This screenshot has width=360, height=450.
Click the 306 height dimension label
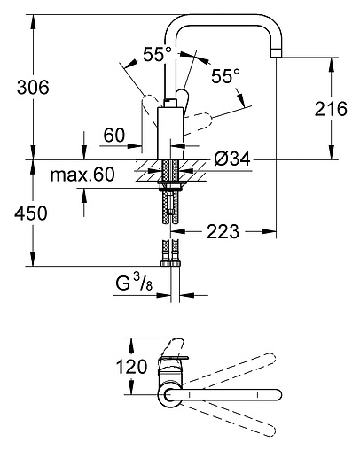click(33, 88)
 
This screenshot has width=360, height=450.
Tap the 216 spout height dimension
click(331, 109)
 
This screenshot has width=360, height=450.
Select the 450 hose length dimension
click(31, 213)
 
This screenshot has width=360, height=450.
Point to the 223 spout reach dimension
click(223, 231)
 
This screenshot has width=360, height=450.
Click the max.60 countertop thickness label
click(82, 175)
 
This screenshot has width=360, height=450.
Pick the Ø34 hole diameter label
click(232, 159)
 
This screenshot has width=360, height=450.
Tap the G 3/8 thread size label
click(134, 283)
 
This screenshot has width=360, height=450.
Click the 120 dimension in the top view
click(131, 367)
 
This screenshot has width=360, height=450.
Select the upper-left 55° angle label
click(157, 54)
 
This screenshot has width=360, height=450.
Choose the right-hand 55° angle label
click(225, 76)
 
